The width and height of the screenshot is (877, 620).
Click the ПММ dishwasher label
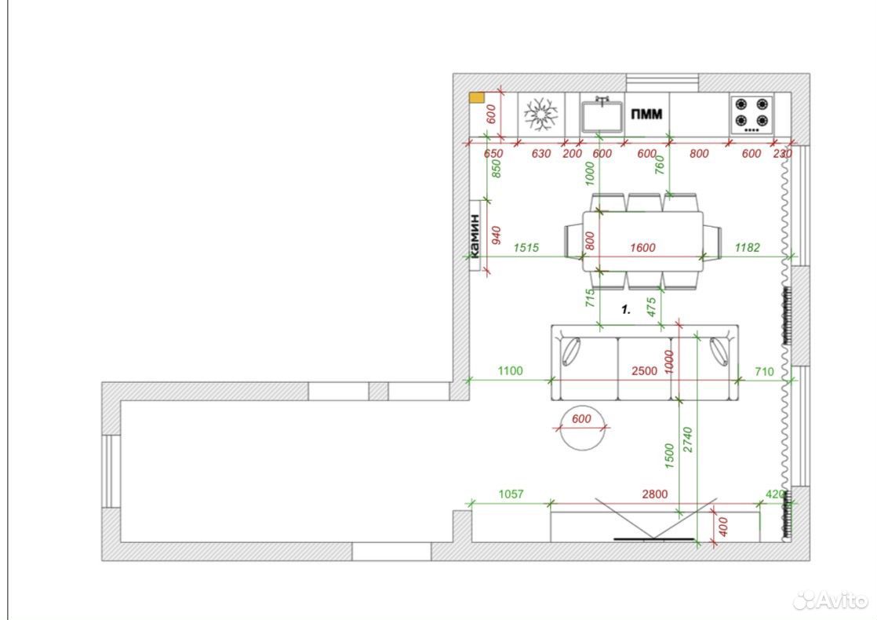(x=646, y=114)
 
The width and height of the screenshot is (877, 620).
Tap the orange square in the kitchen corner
(x=476, y=98)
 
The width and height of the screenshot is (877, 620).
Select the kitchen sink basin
(x=602, y=115)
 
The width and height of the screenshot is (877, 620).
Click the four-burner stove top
(x=751, y=115)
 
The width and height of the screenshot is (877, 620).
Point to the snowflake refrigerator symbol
(x=540, y=114)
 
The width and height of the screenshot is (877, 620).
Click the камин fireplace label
(x=475, y=235)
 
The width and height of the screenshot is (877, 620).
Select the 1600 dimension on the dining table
(x=642, y=247)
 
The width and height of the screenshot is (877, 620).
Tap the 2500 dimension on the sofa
(x=644, y=370)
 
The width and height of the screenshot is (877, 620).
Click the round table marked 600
(x=582, y=428)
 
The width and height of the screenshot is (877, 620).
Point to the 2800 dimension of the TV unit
(x=654, y=494)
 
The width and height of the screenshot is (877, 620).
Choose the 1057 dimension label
(x=511, y=494)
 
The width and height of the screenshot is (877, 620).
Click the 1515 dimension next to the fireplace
(x=526, y=247)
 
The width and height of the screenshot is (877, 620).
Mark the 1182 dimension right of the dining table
(x=748, y=247)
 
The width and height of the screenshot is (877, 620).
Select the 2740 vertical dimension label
(x=688, y=439)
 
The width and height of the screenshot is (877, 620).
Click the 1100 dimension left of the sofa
(x=510, y=370)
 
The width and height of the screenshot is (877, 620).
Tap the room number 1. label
(x=627, y=309)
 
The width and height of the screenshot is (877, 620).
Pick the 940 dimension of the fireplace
(x=496, y=235)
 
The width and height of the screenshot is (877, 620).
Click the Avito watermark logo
(x=831, y=600)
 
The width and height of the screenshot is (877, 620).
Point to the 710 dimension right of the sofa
(x=764, y=371)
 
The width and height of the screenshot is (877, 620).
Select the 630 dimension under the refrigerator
(x=540, y=153)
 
